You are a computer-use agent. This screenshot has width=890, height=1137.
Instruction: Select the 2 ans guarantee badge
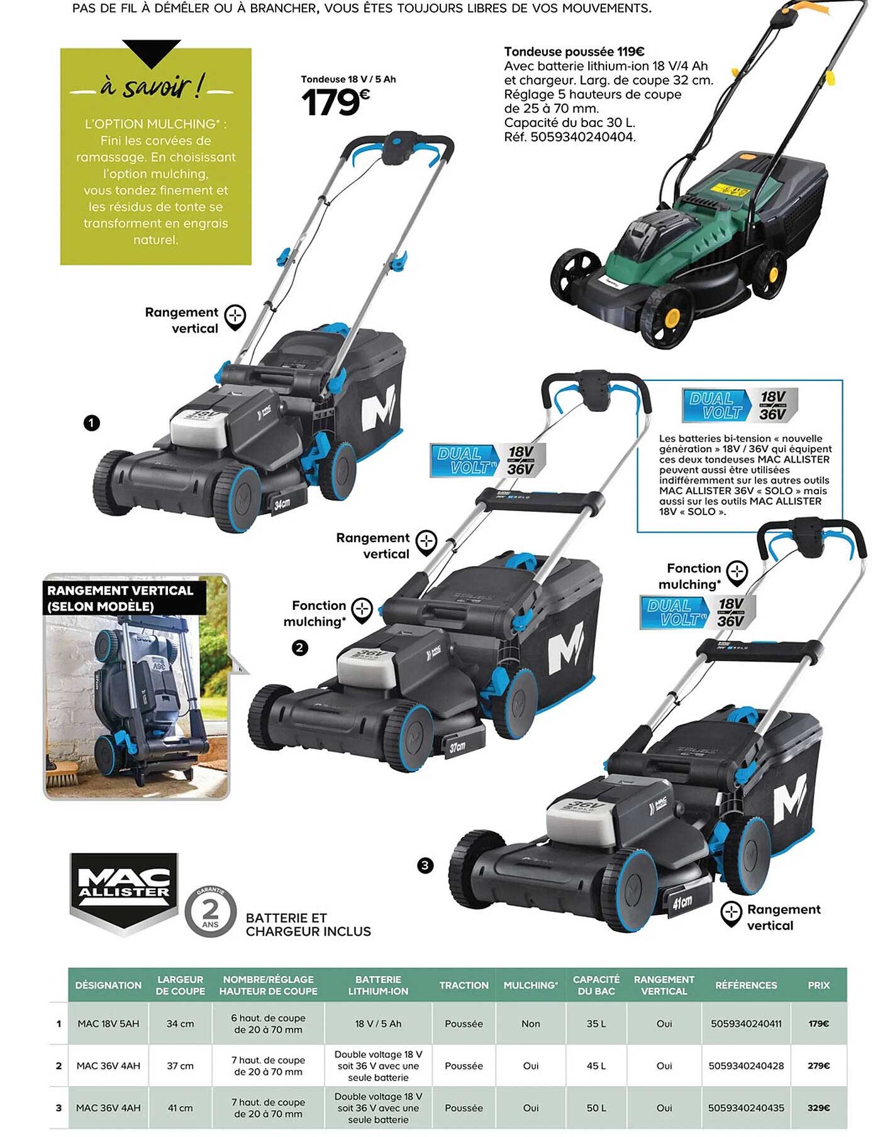click(x=210, y=912)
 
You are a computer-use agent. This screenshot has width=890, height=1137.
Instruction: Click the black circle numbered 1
click(x=92, y=423)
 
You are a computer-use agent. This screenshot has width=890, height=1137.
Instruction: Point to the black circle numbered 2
click(x=300, y=648)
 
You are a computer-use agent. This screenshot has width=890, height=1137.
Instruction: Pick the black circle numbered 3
click(x=425, y=865)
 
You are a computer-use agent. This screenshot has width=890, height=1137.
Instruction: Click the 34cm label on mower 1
click(x=282, y=504)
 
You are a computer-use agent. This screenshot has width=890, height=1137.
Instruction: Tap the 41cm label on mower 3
click(x=682, y=903)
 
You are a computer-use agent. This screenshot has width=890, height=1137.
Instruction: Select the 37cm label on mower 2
click(x=457, y=746)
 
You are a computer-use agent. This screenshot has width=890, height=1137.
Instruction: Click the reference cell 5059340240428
click(x=746, y=1066)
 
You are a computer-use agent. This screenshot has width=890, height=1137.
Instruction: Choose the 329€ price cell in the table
click(x=818, y=1108)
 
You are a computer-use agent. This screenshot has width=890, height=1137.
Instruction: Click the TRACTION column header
click(x=464, y=985)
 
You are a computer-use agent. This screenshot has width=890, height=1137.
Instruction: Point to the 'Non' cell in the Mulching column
click(x=530, y=1024)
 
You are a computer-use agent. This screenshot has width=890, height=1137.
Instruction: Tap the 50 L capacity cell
click(x=596, y=1108)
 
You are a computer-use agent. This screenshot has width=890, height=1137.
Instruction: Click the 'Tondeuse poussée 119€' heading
click(x=574, y=52)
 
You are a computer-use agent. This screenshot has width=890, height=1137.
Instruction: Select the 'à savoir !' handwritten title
click(x=152, y=87)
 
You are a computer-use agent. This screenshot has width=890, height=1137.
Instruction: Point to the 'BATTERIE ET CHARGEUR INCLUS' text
click(x=308, y=924)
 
